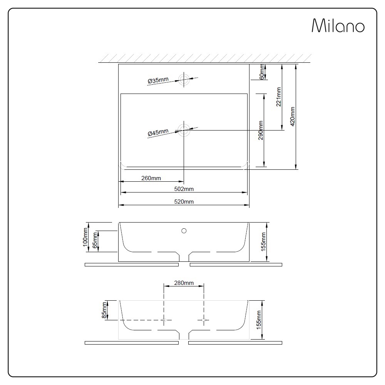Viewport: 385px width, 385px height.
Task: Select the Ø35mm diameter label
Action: point(158,80)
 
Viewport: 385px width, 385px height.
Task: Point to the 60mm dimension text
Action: point(262,72)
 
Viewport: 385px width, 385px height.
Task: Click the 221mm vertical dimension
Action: point(279,97)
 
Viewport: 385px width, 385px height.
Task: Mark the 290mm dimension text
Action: point(261,131)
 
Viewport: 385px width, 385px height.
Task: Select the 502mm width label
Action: point(184,189)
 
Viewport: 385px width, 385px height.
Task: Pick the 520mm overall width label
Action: point(184,202)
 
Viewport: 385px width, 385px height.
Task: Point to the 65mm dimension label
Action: point(95,241)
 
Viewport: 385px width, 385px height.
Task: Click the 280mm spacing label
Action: point(184,283)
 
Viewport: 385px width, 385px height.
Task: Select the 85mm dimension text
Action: point(104,310)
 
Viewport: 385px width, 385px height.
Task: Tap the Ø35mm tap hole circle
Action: point(184,79)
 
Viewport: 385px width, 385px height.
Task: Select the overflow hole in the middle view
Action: point(184,231)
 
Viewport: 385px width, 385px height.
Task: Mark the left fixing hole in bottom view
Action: point(164,320)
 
